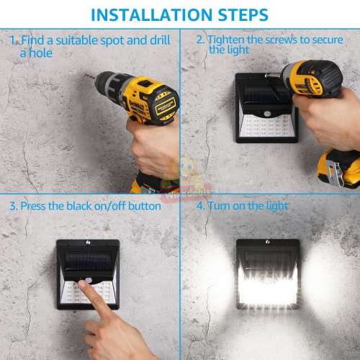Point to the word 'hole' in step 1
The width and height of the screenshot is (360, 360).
pyautogui.click(x=40, y=53)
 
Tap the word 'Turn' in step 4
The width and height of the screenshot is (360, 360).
pyautogui.click(x=221, y=206)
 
